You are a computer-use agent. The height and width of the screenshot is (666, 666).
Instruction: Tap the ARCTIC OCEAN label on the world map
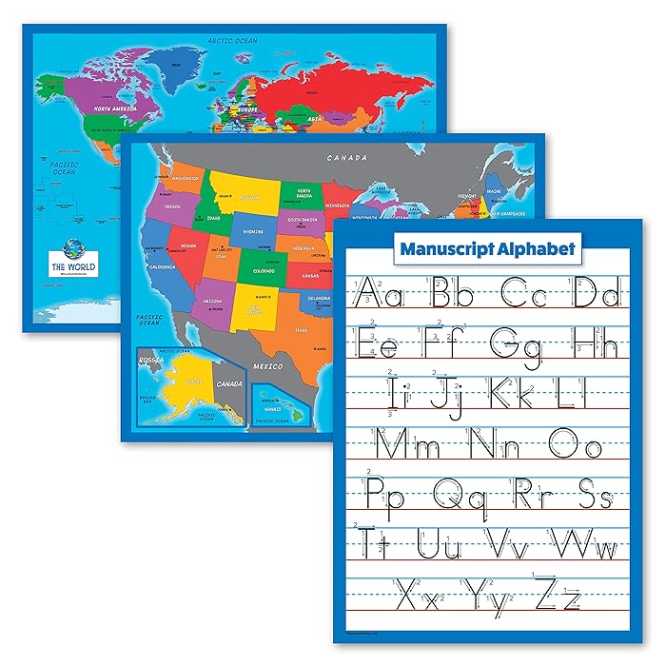click(x=232, y=39)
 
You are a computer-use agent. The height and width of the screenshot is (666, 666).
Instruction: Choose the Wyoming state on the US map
click(x=252, y=230)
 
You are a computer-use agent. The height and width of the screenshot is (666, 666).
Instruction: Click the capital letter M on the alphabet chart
click(x=388, y=442)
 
